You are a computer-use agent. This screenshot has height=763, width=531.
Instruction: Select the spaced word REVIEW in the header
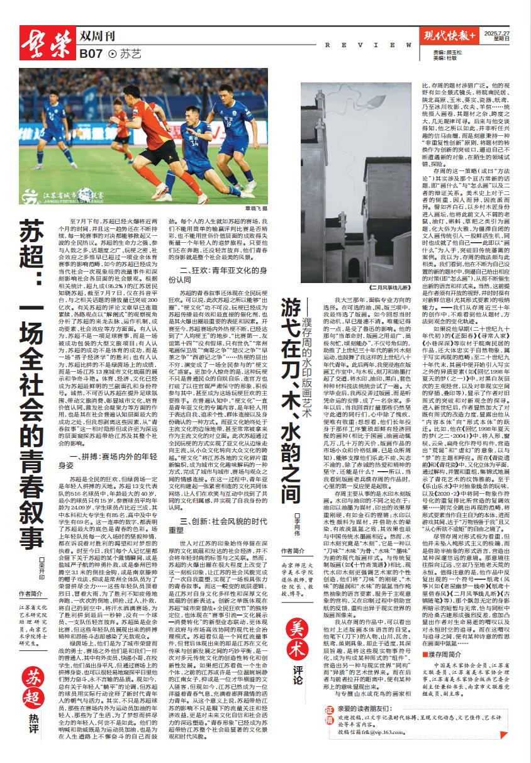(360, 45)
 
